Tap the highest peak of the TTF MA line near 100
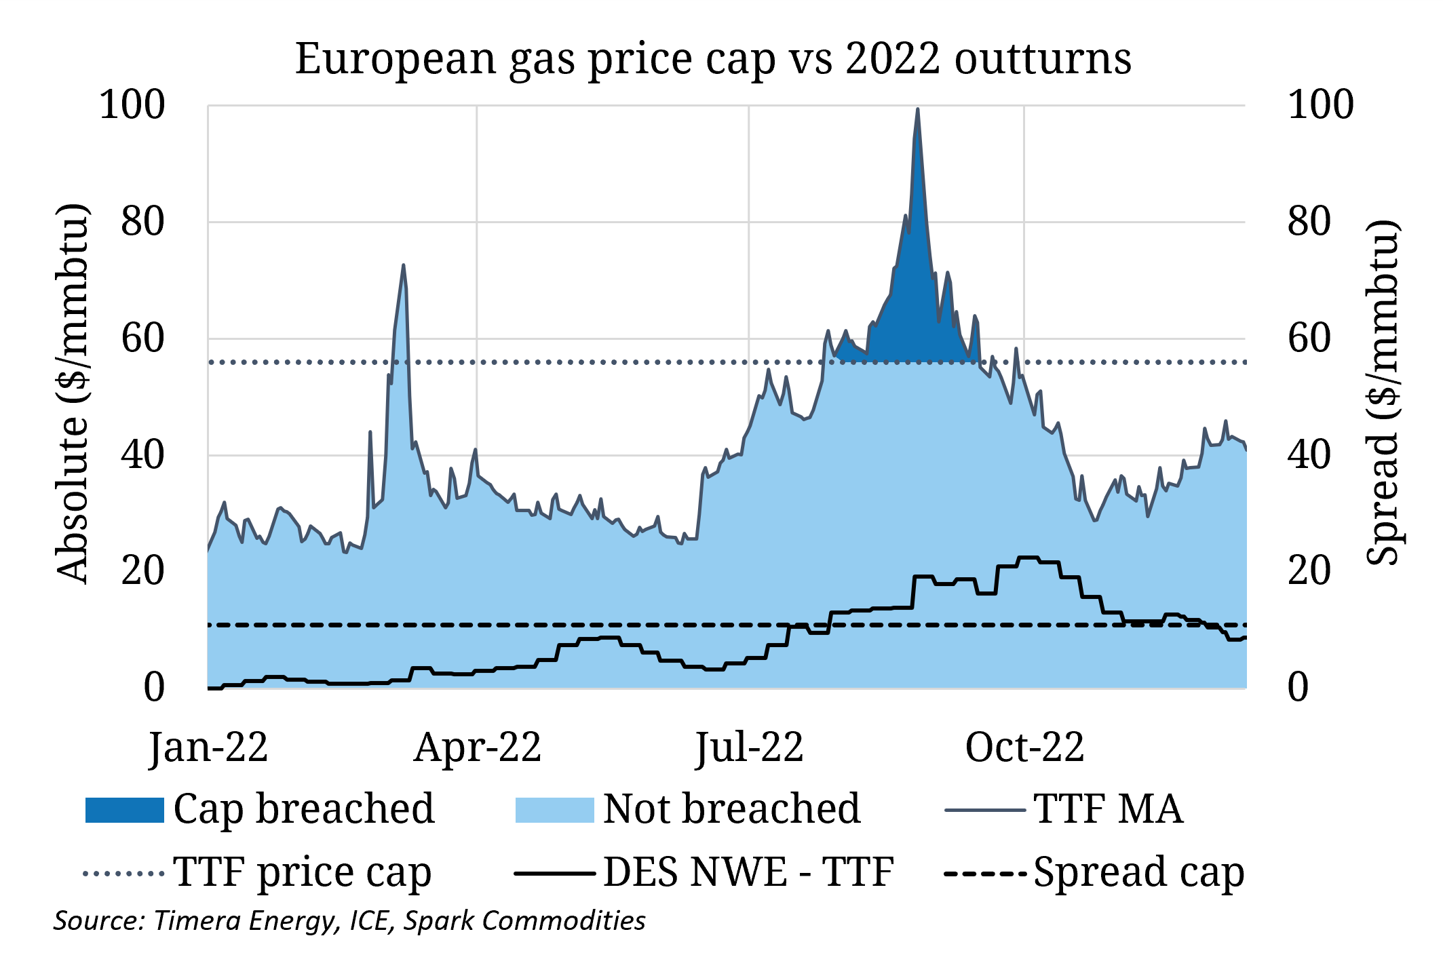917,110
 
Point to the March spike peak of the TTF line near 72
404,266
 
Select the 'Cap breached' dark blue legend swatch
125,810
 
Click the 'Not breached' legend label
731,809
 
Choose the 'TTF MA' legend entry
1108,809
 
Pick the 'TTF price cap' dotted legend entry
302,872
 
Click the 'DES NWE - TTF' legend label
748,872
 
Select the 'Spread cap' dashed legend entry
1138,872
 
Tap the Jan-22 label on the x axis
209,748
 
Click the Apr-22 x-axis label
478,748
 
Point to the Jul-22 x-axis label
749,748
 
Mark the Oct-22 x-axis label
1024,748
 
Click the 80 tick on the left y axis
143,222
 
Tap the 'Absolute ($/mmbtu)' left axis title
72,393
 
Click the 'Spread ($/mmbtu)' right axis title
1383,393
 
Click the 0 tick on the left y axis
154,688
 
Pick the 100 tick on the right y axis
1320,105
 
